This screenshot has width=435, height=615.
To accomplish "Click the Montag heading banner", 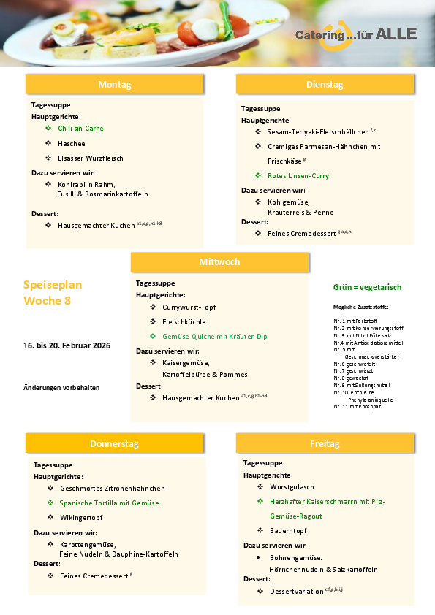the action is (x=114, y=85).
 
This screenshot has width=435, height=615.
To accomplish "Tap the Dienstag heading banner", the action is (x=325, y=85).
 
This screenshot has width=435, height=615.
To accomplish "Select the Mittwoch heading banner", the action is (x=219, y=262).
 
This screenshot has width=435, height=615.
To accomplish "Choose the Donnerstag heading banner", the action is (x=114, y=443).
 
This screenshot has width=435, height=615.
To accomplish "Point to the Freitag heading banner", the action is (x=325, y=443).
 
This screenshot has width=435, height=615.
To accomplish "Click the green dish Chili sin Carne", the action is (x=80, y=129).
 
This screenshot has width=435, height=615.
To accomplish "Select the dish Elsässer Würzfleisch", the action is (x=91, y=158).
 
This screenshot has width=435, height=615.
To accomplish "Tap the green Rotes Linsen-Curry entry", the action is (x=298, y=176).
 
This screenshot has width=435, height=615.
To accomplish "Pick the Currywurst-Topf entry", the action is (x=189, y=307).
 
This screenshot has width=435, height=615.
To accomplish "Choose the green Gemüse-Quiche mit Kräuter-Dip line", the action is (x=215, y=337).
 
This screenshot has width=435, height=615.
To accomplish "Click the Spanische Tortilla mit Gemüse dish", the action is (x=110, y=503).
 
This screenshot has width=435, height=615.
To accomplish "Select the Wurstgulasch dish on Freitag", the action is (x=292, y=486).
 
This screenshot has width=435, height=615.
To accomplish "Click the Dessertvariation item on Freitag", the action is (x=297, y=591).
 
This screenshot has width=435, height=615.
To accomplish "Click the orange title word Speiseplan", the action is (x=53, y=285).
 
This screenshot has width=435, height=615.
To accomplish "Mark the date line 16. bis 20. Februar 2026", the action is (x=67, y=345).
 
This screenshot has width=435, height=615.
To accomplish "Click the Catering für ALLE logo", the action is (x=355, y=34).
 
